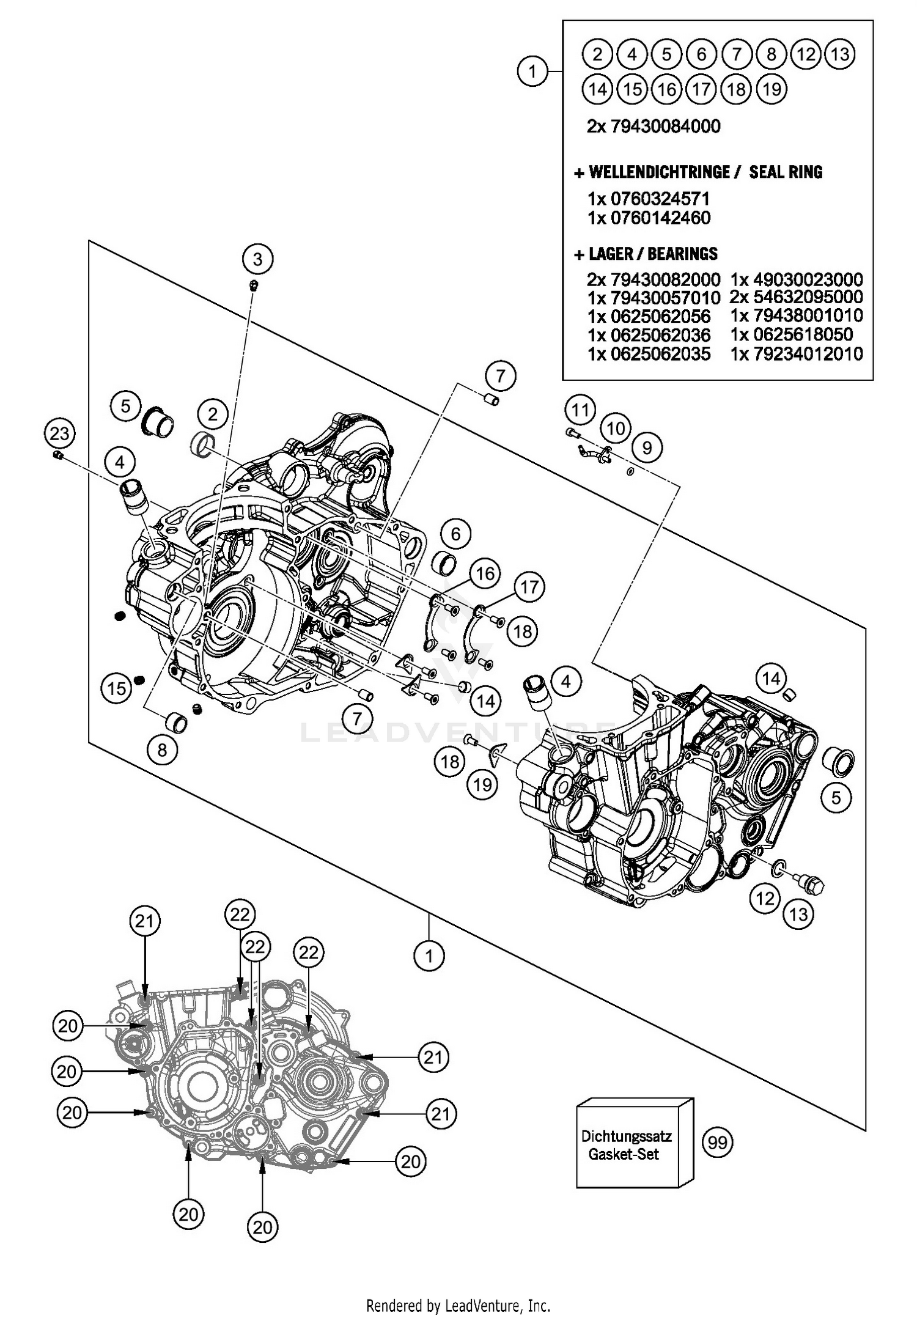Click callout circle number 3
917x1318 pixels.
(x=257, y=259)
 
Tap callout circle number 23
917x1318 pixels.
(x=59, y=434)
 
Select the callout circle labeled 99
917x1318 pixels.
(x=717, y=1142)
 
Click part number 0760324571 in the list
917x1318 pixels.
(x=649, y=199)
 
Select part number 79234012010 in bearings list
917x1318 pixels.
(x=796, y=353)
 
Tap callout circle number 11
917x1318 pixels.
(x=580, y=409)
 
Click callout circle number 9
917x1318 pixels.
(x=647, y=448)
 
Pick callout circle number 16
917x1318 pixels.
(x=485, y=573)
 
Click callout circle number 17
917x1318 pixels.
(x=529, y=587)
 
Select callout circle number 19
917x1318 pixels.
(x=482, y=784)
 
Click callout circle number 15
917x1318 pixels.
(x=116, y=688)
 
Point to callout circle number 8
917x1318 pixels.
(x=162, y=749)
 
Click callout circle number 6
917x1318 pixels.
(x=455, y=534)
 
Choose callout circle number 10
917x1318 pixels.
(x=615, y=428)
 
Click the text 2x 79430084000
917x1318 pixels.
(x=653, y=127)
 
